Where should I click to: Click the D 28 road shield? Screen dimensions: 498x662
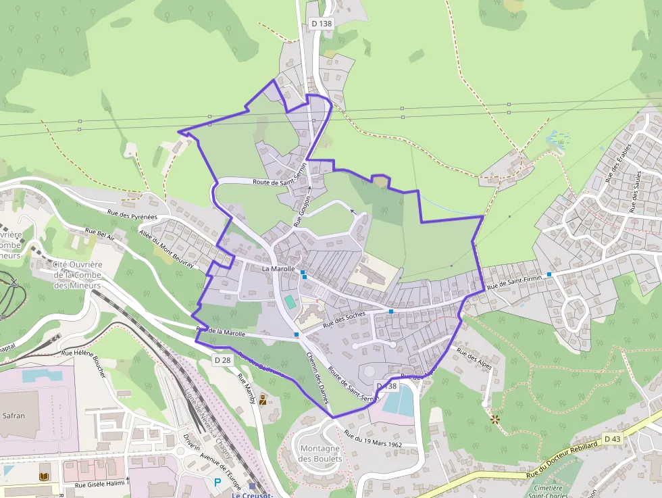222,359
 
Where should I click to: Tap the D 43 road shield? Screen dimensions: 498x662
612,439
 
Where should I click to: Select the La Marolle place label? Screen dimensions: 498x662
278,269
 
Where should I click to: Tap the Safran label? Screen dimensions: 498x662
14,416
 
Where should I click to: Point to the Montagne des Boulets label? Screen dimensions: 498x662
320,453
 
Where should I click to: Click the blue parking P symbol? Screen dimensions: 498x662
218,482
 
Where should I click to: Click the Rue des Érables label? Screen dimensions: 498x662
618,163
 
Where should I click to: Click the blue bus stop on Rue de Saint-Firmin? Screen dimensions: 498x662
549,274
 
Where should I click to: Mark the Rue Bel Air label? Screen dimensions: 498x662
100,234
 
